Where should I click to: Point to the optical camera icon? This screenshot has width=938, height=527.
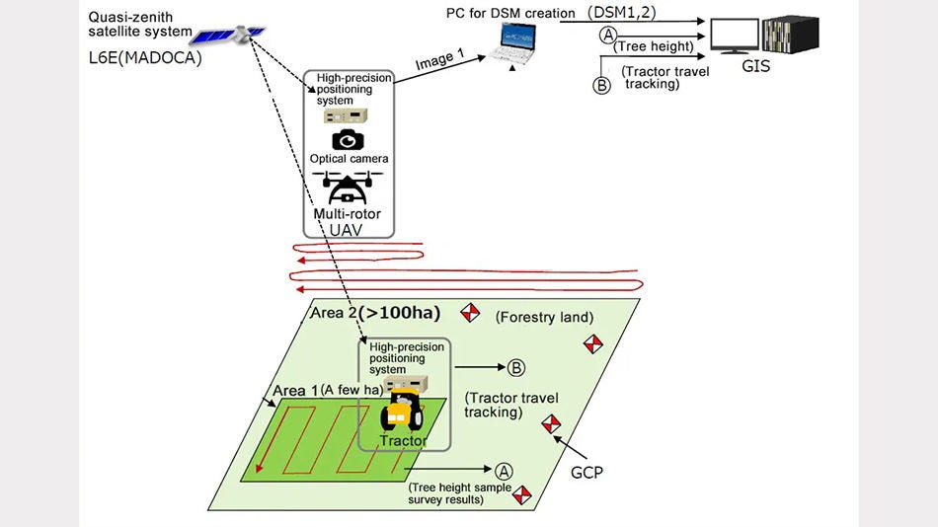coord(349,139)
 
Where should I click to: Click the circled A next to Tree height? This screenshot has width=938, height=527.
coord(608,36)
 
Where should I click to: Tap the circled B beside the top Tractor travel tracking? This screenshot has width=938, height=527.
coord(601,85)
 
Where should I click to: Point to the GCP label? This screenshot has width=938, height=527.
coord(586,473)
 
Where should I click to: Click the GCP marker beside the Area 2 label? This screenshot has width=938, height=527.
coord(471,312)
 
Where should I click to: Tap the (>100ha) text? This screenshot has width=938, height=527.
coord(400,313)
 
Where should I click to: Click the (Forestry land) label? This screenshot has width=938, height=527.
coord(544,317)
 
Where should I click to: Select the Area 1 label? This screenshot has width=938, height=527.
coord(295,390)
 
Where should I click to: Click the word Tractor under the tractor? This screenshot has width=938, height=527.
coord(404,440)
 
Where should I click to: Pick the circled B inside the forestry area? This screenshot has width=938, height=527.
coord(515,368)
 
